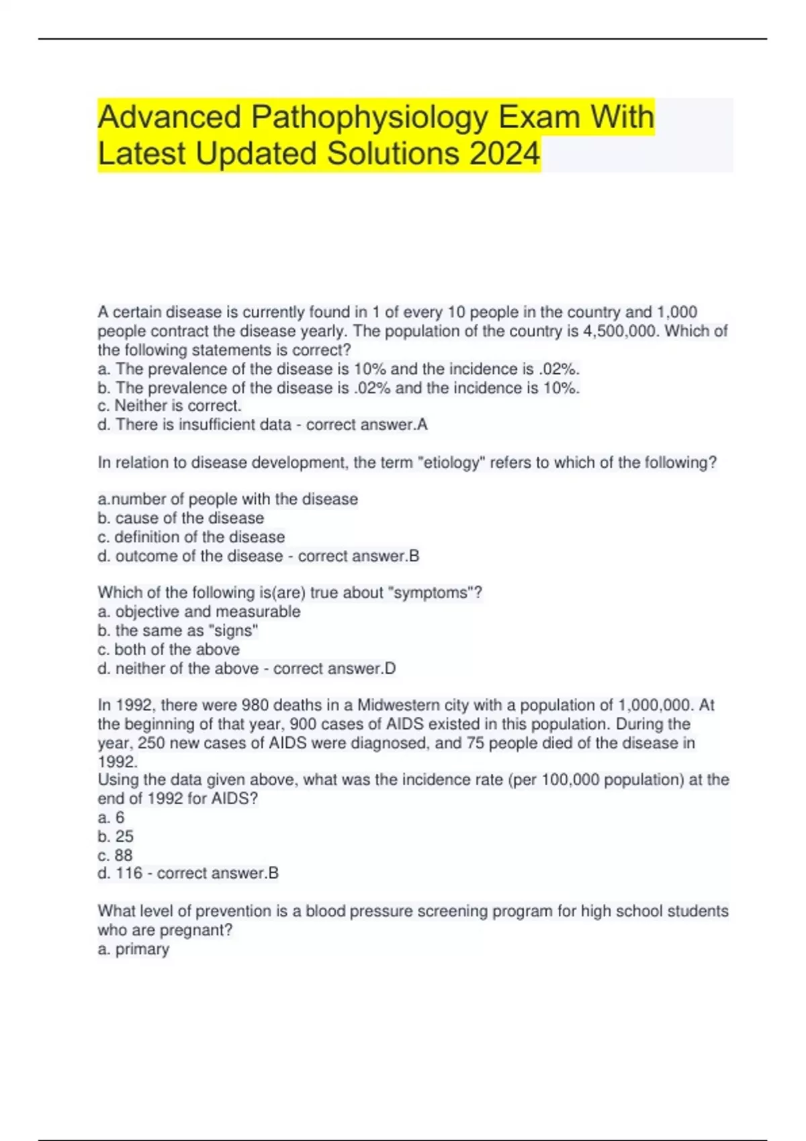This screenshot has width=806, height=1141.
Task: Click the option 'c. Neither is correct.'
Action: (169, 406)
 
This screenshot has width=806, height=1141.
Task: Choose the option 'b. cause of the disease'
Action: (181, 518)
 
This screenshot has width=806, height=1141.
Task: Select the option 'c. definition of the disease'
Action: (191, 537)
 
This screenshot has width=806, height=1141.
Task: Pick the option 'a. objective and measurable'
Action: (199, 611)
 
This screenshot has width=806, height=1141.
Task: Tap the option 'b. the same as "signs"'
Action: (178, 631)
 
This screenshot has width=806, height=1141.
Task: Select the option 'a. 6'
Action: (111, 817)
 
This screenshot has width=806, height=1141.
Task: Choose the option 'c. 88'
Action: (115, 855)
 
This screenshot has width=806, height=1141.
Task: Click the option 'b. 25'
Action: (116, 836)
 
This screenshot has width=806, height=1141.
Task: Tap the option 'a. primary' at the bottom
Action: (133, 950)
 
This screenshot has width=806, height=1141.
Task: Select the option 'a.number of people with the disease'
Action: (228, 499)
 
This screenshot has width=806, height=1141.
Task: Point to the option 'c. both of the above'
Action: (169, 650)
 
